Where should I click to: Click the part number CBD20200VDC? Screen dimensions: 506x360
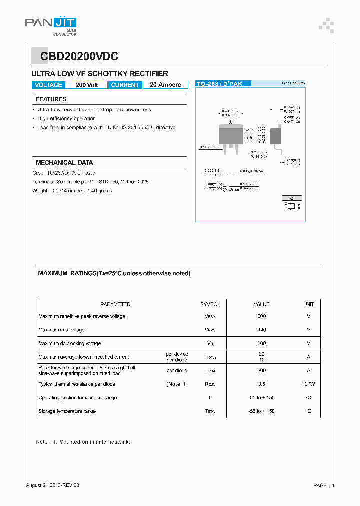pyautogui.click(x=75, y=57)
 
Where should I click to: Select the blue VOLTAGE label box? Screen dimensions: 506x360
pyautogui.click(x=48, y=85)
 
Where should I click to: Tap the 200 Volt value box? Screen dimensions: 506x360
pyautogui.click(x=87, y=85)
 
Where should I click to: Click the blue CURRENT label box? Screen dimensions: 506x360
pyautogui.click(x=125, y=85)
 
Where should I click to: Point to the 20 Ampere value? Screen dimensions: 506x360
pyautogui.click(x=165, y=85)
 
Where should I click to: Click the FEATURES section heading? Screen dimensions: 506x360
pyautogui.click(x=51, y=99)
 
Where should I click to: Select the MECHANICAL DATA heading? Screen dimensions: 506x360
pyautogui.click(x=64, y=163)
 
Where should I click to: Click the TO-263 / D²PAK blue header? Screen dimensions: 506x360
pyautogui.click(x=219, y=84)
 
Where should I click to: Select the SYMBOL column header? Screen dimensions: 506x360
pyautogui.click(x=210, y=304)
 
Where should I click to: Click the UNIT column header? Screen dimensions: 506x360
pyautogui.click(x=308, y=304)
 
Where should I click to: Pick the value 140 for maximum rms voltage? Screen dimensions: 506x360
pyautogui.click(x=261, y=330)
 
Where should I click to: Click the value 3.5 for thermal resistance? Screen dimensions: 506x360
pyautogui.click(x=261, y=384)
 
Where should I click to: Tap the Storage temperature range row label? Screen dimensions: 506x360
pyautogui.click(x=67, y=411)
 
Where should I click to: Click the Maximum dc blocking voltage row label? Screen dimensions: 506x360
pyautogui.click(x=69, y=343)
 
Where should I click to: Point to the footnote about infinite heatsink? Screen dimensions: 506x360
pyautogui.click(x=83, y=442)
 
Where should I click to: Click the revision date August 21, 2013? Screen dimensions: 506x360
pyautogui.click(x=52, y=485)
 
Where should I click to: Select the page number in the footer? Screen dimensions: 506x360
pyautogui.click(x=324, y=485)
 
